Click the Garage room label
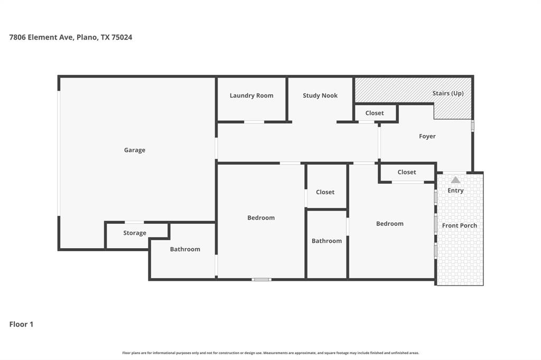[x=134, y=150]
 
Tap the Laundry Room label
[x=251, y=96]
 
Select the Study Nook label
[x=320, y=96]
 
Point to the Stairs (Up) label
[x=448, y=93]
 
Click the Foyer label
[x=427, y=136]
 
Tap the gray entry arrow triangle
[x=455, y=180]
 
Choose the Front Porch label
[x=460, y=225]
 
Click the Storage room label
[x=135, y=233]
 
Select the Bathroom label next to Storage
[x=185, y=249]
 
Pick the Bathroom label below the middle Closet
[x=327, y=241]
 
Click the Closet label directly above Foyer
[x=375, y=113]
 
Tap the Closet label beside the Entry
[x=407, y=172]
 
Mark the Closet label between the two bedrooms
[x=325, y=192]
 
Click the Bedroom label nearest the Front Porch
[x=390, y=224]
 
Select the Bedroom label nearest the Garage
[x=261, y=217]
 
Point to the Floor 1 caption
[x=21, y=324]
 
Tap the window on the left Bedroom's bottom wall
[x=262, y=279]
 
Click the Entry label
[x=455, y=191]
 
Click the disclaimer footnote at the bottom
[x=270, y=353]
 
